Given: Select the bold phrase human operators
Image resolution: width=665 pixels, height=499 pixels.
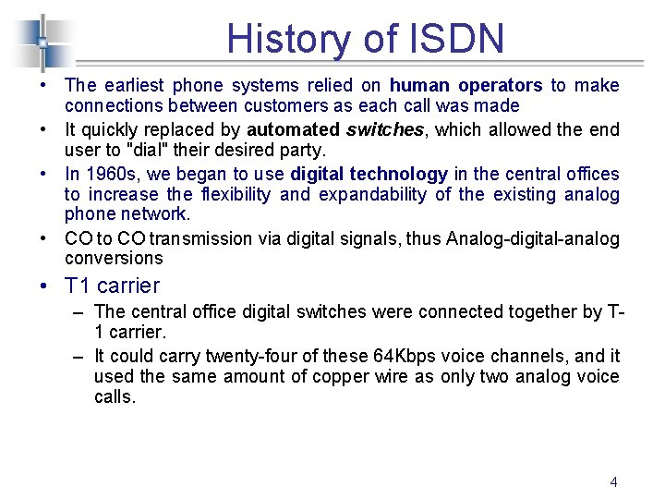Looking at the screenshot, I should click(466, 85).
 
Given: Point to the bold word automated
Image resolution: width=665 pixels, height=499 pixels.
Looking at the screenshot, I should click(293, 129).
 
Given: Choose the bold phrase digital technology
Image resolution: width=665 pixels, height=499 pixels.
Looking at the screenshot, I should click(369, 174).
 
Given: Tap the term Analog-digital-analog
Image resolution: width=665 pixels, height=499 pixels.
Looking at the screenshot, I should click(533, 238).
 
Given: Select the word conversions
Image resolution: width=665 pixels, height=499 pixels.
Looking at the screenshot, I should click(113, 259).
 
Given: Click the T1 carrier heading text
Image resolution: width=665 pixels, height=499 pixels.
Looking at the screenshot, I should click(113, 286).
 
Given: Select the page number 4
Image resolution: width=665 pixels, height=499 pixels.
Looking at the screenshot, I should click(613, 481).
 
